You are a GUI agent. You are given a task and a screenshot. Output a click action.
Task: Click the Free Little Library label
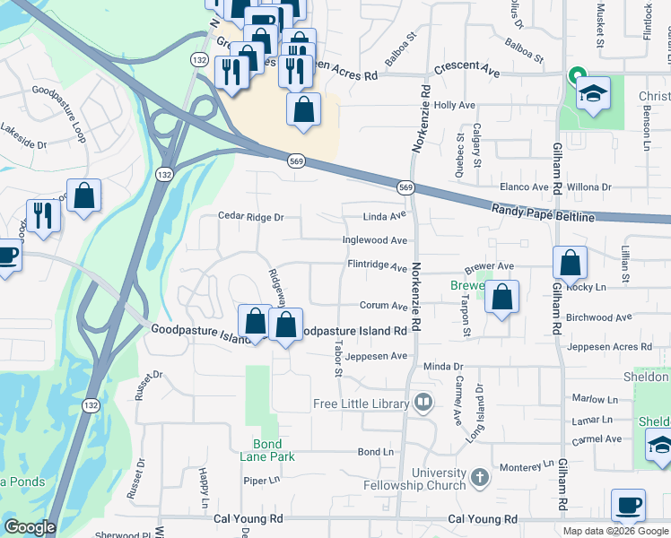(x=361, y=403)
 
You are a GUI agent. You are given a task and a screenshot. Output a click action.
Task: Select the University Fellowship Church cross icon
(x=480, y=477)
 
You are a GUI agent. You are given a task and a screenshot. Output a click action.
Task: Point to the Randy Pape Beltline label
(x=543, y=213)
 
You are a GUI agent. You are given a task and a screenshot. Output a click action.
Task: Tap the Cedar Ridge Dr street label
(x=251, y=216)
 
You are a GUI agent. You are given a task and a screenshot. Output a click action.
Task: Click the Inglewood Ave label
(x=375, y=240)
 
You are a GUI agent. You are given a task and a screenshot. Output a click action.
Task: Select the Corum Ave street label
(x=384, y=306)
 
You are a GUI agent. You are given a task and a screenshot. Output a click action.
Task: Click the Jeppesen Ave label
(x=377, y=356)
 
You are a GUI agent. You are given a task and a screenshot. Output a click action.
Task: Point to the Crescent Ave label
(x=466, y=68)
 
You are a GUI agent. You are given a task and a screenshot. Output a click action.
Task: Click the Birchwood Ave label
(x=600, y=317)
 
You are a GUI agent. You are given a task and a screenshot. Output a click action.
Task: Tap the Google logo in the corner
(x=29, y=527)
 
